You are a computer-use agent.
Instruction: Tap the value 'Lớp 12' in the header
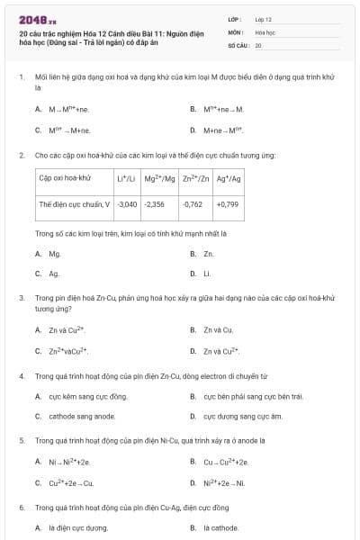click(264, 19)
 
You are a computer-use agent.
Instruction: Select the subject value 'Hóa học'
click(265, 31)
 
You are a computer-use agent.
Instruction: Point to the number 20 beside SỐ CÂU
click(258, 44)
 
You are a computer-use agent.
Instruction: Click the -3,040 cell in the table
click(128, 204)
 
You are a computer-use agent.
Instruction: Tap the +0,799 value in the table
click(228, 204)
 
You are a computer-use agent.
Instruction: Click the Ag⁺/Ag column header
click(229, 179)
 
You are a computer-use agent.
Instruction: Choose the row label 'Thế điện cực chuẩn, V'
click(74, 204)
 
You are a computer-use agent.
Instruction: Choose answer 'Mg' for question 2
click(55, 255)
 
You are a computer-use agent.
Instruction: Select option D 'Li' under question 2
click(207, 274)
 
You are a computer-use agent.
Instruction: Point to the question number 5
click(22, 441)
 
